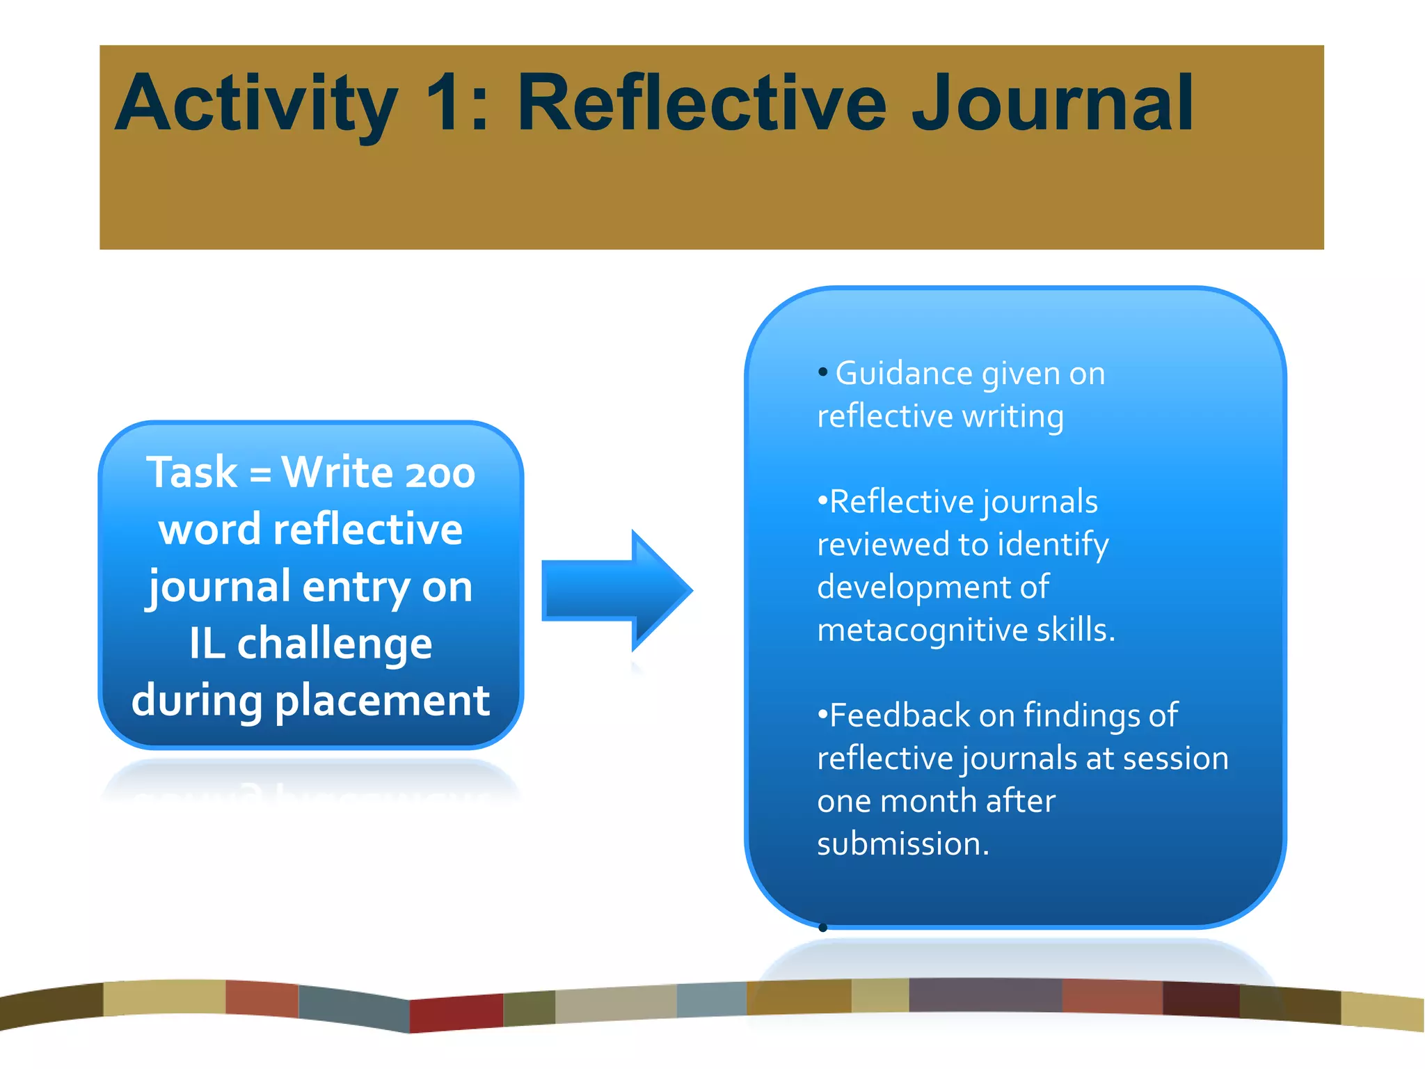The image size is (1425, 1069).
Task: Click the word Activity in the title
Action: [256, 104]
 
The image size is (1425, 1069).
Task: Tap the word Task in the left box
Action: [192, 473]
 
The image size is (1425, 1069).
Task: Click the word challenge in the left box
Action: [334, 644]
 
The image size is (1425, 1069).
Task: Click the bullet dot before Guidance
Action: [823, 372]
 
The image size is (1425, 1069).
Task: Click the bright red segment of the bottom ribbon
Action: [456, 1013]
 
